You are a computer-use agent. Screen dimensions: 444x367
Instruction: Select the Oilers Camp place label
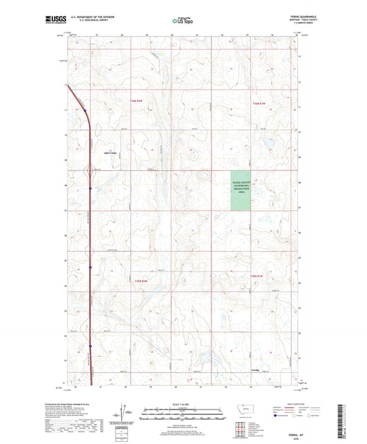click(x=110, y=153)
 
